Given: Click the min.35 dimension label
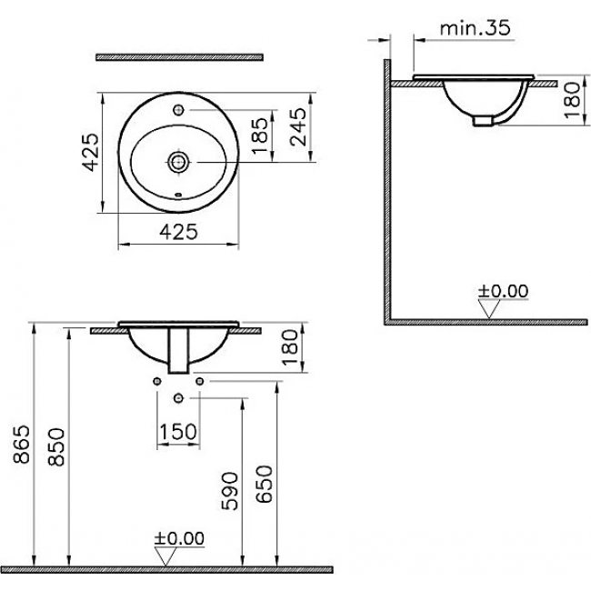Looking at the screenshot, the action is click(x=475, y=28).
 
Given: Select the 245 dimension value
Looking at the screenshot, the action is click(x=299, y=126).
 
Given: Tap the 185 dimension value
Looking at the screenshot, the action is click(x=260, y=135).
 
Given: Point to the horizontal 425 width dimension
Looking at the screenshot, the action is click(x=178, y=232).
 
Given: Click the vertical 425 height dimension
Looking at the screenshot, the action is click(x=91, y=152).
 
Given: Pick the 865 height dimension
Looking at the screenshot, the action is click(x=21, y=444).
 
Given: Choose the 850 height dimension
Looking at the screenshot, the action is click(x=56, y=447).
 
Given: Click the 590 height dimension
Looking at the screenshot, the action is click(x=230, y=491).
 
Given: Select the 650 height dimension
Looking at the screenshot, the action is click(x=264, y=484).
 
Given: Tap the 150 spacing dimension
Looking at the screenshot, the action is click(x=178, y=432).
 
